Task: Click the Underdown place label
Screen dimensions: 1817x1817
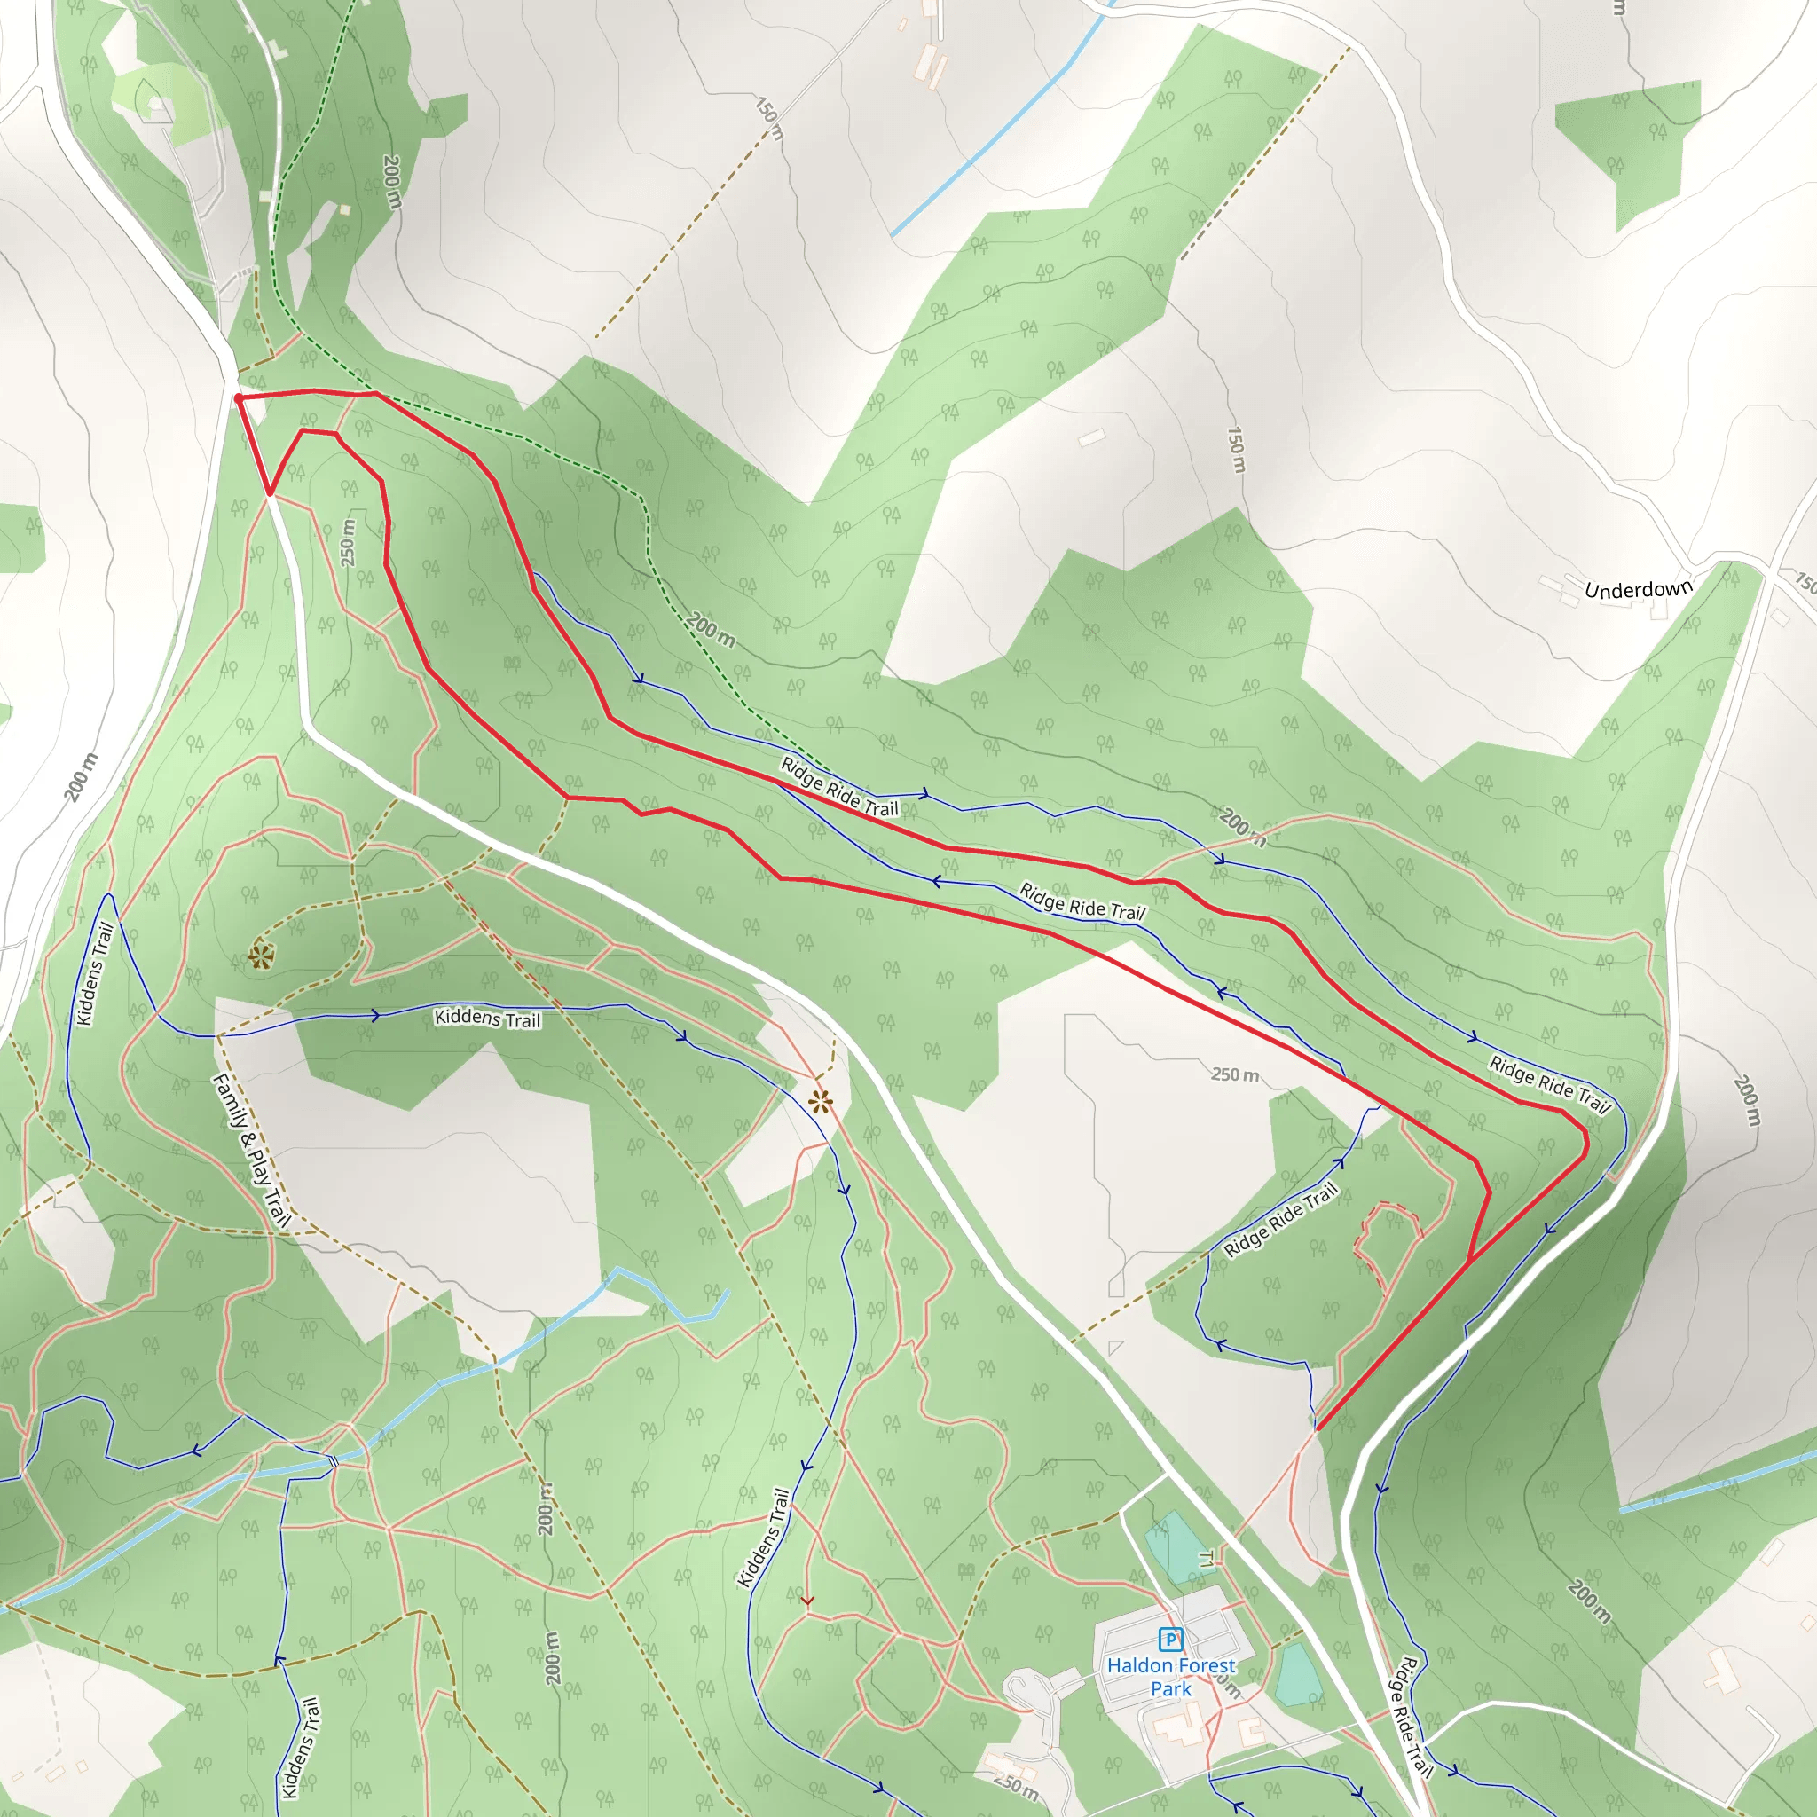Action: click(x=1638, y=590)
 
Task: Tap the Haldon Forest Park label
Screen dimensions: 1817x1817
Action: click(x=1171, y=1677)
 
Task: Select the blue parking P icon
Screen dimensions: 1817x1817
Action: click(x=1170, y=1640)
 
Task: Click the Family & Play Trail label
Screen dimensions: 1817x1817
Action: click(x=251, y=1150)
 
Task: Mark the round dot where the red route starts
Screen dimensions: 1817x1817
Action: click(x=239, y=398)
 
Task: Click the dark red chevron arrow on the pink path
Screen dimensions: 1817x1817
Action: click(x=807, y=1600)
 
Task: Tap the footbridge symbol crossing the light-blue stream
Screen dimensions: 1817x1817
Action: click(x=333, y=1460)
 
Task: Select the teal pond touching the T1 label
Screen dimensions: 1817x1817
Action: click(x=1172, y=1546)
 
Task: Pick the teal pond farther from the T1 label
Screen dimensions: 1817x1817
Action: click(x=1298, y=1675)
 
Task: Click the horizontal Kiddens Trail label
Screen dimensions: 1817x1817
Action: click(x=487, y=1018)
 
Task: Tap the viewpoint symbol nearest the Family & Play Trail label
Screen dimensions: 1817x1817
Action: click(x=261, y=957)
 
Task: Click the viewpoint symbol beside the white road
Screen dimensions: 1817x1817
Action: click(x=820, y=1102)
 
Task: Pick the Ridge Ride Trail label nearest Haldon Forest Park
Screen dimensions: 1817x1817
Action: click(x=1410, y=1717)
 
